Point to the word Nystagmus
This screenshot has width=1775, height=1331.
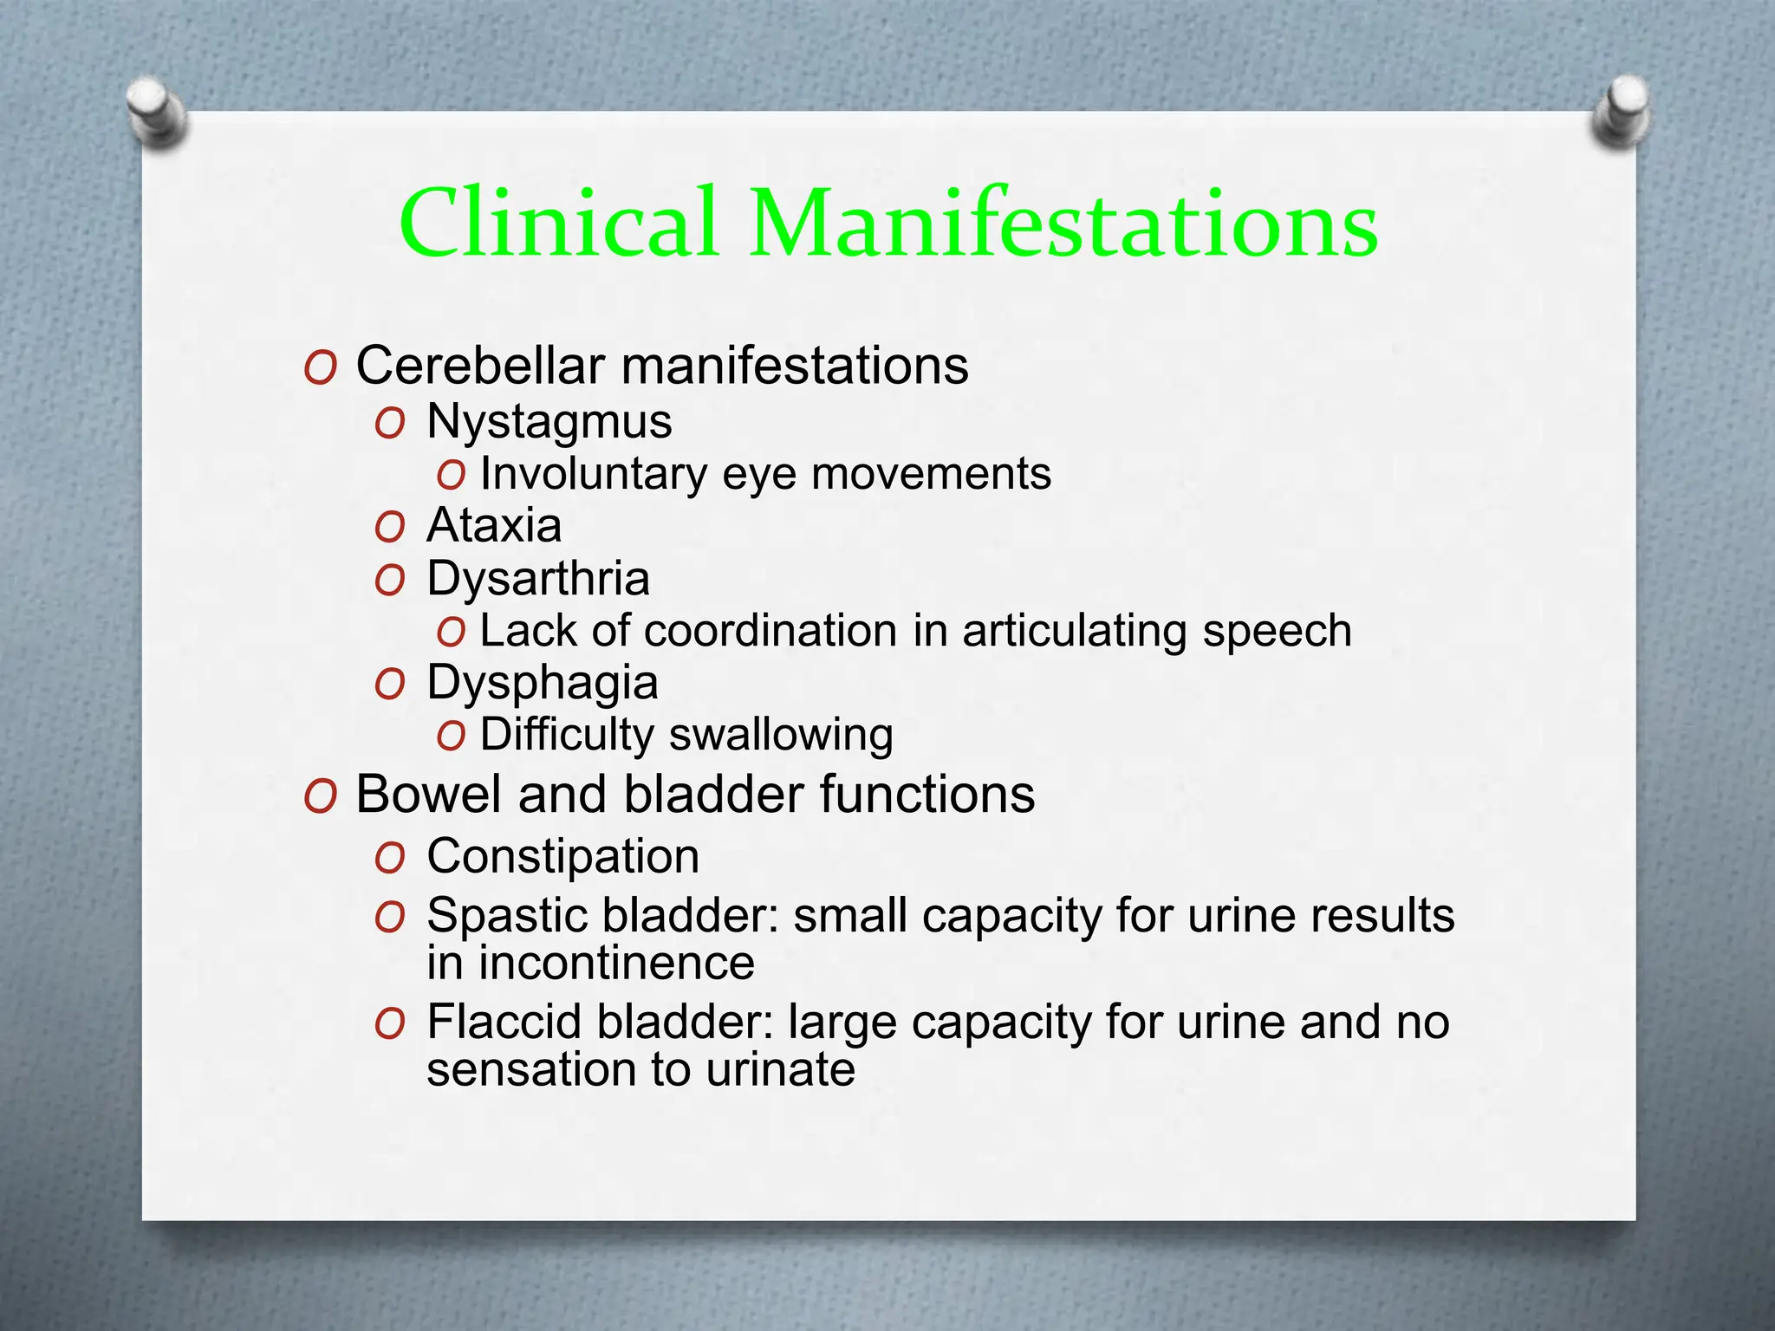(549, 422)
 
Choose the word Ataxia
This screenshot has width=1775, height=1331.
(494, 526)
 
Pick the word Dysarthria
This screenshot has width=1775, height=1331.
(537, 578)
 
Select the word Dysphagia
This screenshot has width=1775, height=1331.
(543, 683)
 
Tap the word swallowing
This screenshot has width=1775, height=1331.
(781, 735)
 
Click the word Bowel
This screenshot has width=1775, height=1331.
(428, 794)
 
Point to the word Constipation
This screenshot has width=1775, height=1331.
(562, 856)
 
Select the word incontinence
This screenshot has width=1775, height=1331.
(616, 963)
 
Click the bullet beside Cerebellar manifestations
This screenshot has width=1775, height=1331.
(320, 368)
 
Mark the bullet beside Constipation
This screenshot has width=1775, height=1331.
(390, 859)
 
